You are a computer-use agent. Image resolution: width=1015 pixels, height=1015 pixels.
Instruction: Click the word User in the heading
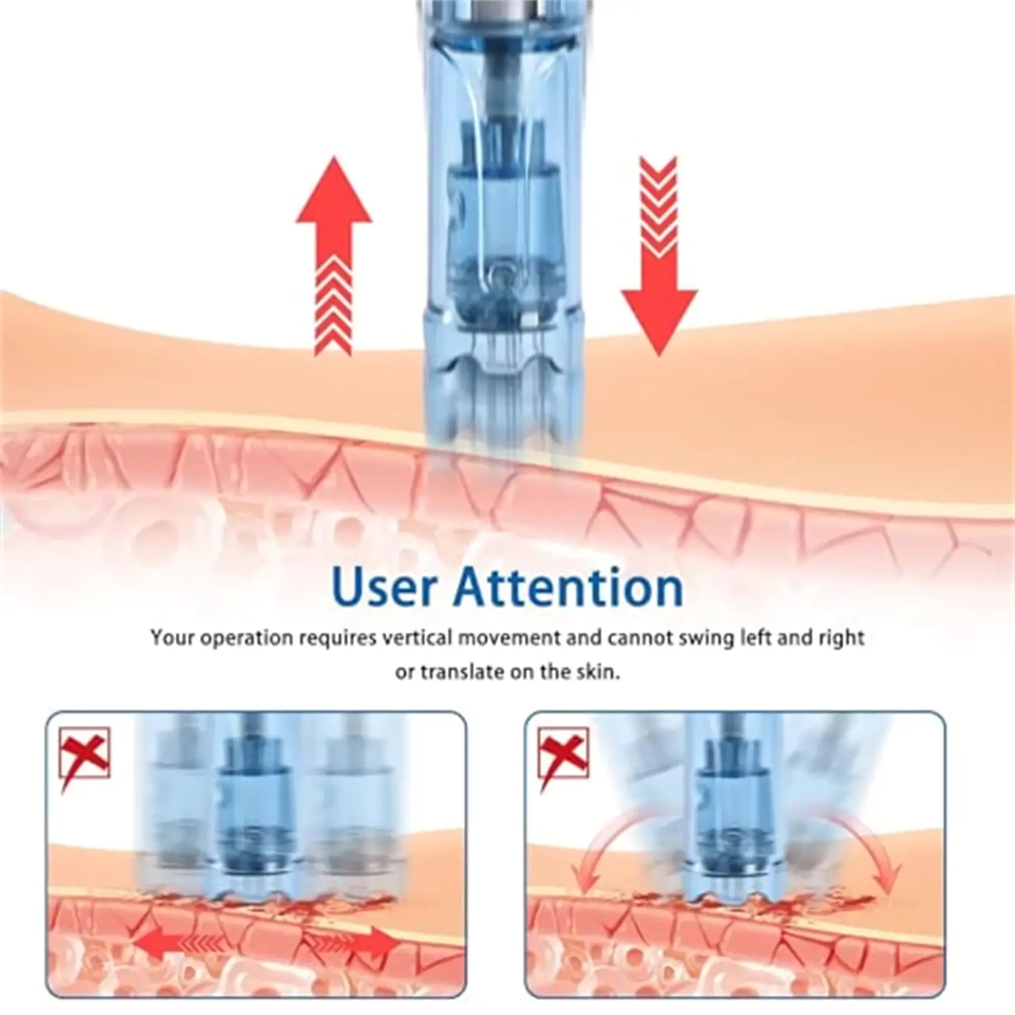[x=384, y=587]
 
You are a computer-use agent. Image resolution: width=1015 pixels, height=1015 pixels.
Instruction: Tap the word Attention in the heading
[x=568, y=587]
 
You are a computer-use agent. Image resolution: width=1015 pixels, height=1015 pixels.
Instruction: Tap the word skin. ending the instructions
[x=598, y=672]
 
